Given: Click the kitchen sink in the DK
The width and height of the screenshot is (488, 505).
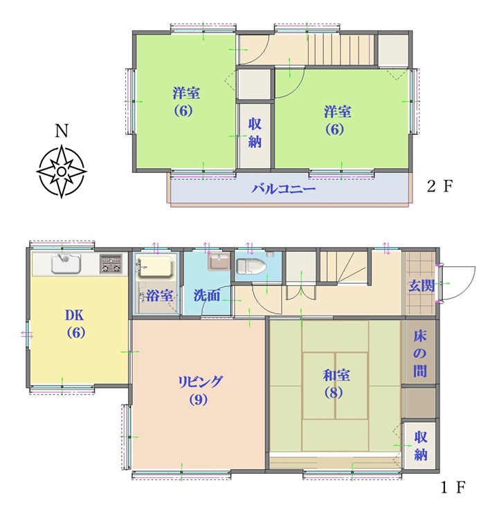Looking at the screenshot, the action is pyautogui.click(x=66, y=263).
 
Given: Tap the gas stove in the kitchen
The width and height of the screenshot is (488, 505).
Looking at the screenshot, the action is pyautogui.click(x=111, y=264).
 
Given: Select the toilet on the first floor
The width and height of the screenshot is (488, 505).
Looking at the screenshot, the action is pyautogui.click(x=251, y=267).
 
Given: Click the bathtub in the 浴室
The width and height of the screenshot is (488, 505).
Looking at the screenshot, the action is pyautogui.click(x=156, y=266).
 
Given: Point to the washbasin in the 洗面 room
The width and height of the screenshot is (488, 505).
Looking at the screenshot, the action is pyautogui.click(x=220, y=261).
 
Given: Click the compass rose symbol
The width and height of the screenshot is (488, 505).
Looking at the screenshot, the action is pyautogui.click(x=61, y=172).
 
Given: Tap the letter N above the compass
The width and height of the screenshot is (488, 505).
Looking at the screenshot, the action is pyautogui.click(x=61, y=131).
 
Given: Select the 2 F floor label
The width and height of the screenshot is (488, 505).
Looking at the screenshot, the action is pyautogui.click(x=440, y=186).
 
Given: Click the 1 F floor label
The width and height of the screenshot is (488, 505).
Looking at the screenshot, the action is pyautogui.click(x=453, y=487).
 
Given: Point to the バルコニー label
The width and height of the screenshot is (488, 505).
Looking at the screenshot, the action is pyautogui.click(x=283, y=188).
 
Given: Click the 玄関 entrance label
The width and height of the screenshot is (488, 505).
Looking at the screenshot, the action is pyautogui.click(x=422, y=286).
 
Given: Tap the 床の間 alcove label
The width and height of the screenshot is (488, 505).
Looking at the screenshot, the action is pyautogui.click(x=420, y=353).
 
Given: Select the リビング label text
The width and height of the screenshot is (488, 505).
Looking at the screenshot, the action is pyautogui.click(x=200, y=381).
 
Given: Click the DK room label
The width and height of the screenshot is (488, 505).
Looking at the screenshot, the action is pyautogui.click(x=75, y=315).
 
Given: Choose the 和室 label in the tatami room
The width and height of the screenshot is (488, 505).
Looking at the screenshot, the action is pyautogui.click(x=336, y=375).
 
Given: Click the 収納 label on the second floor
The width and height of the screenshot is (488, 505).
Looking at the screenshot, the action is pyautogui.click(x=255, y=133).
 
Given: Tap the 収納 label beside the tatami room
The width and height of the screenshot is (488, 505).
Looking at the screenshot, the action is pyautogui.click(x=420, y=446).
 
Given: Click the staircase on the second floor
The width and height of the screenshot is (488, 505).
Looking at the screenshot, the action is pyautogui.click(x=341, y=50).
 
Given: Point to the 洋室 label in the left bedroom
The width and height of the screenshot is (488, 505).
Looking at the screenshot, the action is pyautogui.click(x=186, y=93).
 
